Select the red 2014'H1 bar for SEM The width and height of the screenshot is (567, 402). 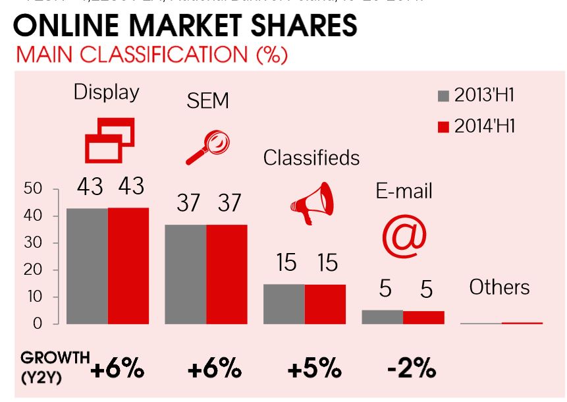click(227, 274)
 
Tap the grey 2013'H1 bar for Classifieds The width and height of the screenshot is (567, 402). click(284, 304)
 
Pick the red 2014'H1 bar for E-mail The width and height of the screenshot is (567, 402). click(423, 317)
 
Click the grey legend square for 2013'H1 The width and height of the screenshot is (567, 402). click(443, 96)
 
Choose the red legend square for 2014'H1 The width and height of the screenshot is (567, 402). click(443, 126)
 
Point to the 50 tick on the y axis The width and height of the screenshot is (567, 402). click(34, 189)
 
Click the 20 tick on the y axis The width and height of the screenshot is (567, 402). click(34, 270)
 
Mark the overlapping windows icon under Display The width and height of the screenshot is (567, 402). click(109, 140)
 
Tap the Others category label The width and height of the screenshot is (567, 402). click(499, 287)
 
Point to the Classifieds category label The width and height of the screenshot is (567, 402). click(311, 158)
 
